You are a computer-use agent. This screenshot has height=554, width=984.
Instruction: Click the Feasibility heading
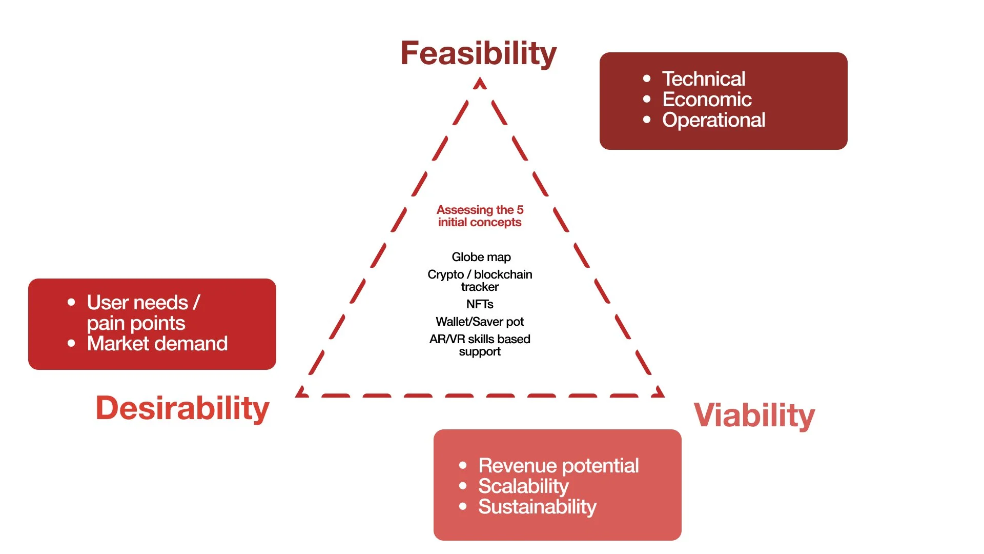(478, 53)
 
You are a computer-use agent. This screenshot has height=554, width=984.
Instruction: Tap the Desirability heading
(182, 408)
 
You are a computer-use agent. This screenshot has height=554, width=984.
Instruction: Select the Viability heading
(754, 415)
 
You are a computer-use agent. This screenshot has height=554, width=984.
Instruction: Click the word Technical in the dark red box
(704, 79)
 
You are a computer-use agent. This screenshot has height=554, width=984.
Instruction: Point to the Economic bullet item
(707, 100)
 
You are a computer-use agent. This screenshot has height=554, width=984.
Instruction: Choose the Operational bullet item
(713, 120)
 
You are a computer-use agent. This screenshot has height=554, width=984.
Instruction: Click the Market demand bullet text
(157, 344)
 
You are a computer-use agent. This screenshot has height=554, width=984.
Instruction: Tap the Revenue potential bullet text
(558, 466)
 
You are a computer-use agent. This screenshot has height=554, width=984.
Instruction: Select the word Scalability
(523, 486)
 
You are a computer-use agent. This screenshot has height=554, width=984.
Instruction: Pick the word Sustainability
(537, 507)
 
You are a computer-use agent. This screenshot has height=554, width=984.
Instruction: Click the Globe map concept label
(481, 257)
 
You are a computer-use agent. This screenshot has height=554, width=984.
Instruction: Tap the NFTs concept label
(480, 304)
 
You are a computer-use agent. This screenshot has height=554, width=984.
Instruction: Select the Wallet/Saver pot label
(480, 322)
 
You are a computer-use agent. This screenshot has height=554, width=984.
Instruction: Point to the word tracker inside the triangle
(480, 287)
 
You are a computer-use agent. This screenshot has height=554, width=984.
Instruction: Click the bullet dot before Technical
(647, 79)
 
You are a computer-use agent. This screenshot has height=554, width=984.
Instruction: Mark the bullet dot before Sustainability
(463, 507)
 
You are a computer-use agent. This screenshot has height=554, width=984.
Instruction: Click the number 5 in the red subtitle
(520, 210)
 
